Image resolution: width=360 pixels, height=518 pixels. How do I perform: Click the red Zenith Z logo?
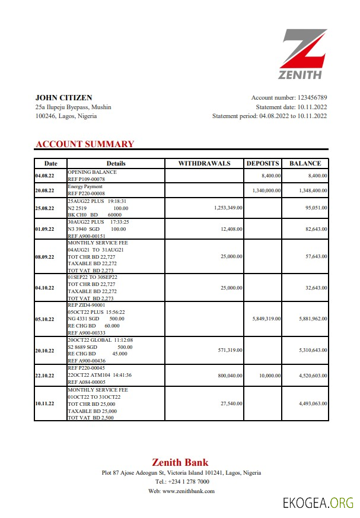click(x=304, y=49)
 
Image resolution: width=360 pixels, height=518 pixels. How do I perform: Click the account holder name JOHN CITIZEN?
click(x=63, y=97)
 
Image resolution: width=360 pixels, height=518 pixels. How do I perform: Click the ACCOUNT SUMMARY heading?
click(x=85, y=144)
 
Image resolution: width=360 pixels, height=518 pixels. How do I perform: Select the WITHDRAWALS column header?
click(x=204, y=163)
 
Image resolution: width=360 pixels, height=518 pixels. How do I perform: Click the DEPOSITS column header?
click(x=263, y=163)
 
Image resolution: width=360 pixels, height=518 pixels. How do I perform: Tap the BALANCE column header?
click(x=305, y=163)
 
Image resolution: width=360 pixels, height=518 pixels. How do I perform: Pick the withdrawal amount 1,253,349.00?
click(x=221, y=208)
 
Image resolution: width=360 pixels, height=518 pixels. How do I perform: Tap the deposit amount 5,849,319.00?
click(x=263, y=319)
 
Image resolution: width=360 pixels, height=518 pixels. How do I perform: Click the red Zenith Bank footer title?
click(x=180, y=462)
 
